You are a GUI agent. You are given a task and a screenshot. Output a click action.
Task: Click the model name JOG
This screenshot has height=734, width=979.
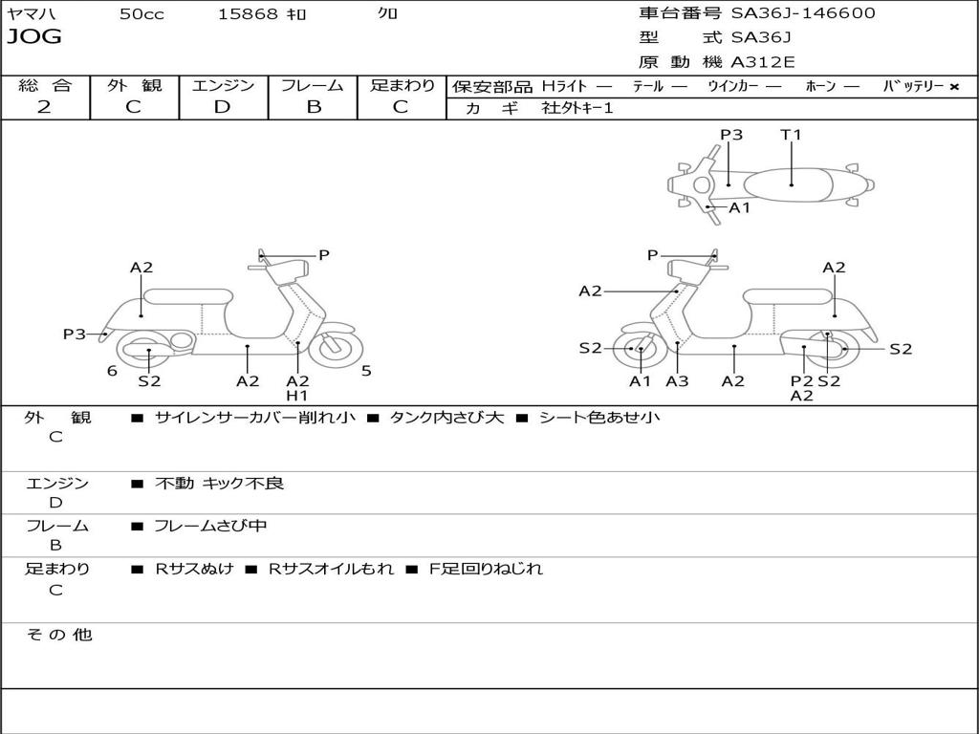pos(34,37)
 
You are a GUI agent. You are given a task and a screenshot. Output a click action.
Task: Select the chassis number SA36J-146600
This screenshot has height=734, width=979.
pos(803,13)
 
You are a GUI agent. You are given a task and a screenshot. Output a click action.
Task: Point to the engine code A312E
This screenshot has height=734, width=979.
pos(763,62)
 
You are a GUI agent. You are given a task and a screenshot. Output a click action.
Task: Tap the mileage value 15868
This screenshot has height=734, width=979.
pos(248,14)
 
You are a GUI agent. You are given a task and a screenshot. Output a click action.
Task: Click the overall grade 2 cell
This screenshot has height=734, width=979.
pos(44,107)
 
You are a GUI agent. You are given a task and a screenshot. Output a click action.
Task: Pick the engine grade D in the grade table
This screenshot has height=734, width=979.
pos(222,107)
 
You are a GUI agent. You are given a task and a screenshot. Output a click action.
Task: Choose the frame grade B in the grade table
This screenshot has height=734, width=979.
pos(313,107)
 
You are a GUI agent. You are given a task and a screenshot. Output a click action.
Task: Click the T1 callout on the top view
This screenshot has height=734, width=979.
pos(791,135)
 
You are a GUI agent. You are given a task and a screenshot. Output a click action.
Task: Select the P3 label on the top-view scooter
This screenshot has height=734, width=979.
pos(731,135)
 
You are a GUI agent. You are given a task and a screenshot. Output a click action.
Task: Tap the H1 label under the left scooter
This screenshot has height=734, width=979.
pos(297,396)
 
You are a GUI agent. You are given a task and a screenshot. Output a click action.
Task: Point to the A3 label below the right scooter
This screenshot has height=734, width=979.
pos(677,381)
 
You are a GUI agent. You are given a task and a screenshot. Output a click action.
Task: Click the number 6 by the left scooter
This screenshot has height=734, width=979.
pos(112,371)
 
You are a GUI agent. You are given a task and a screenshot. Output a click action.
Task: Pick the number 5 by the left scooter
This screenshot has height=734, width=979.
pos(366,371)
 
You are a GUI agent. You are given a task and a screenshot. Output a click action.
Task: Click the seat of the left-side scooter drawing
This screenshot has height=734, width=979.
pos(187,295)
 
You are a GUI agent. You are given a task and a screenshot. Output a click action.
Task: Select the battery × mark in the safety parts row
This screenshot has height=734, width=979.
pos(953,86)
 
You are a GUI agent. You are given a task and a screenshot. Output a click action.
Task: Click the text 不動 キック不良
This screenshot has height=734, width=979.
pos(219,484)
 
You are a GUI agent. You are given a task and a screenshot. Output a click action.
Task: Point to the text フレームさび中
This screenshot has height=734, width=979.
pos(210,526)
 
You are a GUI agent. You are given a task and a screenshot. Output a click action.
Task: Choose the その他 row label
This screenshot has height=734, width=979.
pos(58,635)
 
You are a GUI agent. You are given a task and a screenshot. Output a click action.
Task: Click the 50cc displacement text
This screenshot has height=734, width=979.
pos(141,14)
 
